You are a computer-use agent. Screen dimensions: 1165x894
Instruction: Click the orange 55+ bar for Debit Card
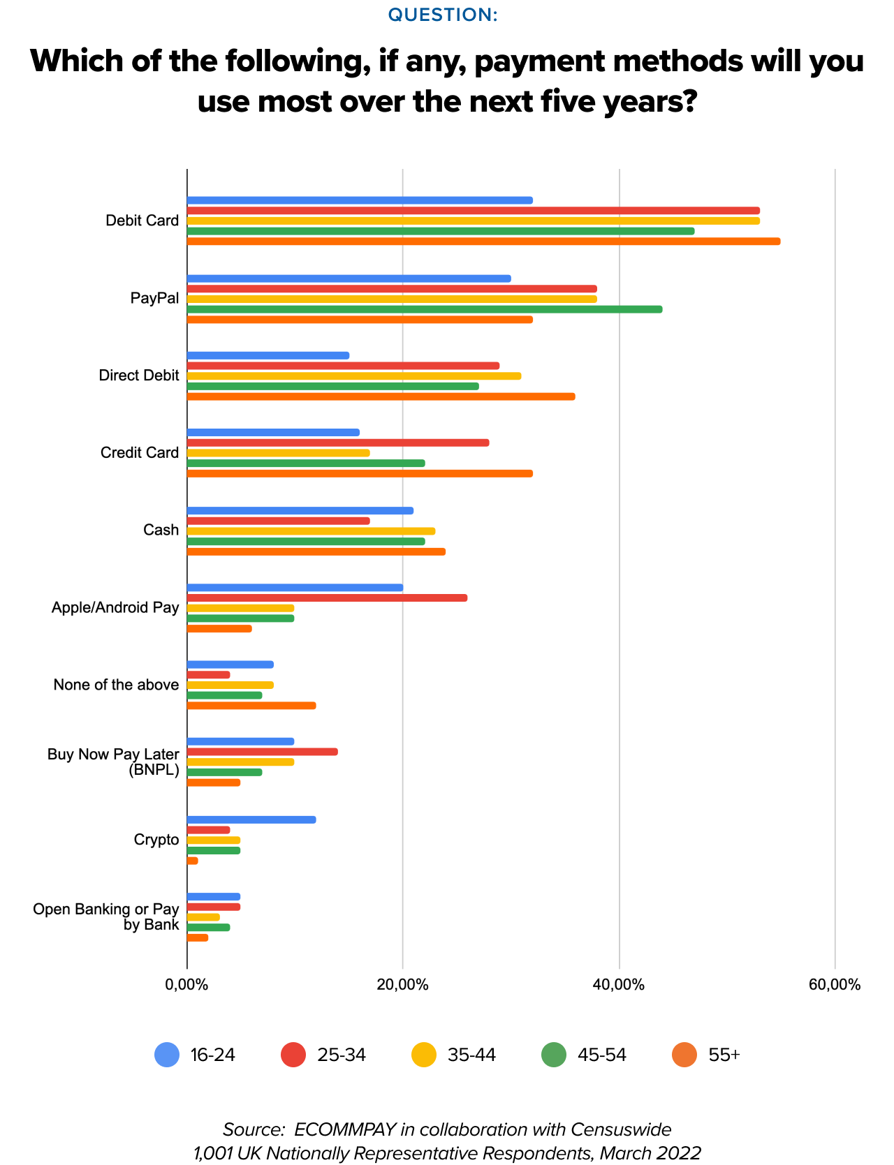pos(483,242)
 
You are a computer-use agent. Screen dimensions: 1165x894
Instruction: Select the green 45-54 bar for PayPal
pos(425,309)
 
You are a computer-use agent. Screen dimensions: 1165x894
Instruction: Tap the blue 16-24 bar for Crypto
pos(251,819)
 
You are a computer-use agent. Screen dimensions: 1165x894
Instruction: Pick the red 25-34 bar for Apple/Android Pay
pos(327,598)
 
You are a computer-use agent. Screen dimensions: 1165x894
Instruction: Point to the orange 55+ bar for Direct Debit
pos(381,396)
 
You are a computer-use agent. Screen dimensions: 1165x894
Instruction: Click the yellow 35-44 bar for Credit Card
pos(278,453)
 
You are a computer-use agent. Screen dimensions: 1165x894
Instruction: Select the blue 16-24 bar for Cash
pos(300,510)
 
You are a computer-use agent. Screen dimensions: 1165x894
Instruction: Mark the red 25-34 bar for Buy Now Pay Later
pos(263,752)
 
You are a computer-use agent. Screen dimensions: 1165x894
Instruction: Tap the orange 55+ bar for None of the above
pos(251,706)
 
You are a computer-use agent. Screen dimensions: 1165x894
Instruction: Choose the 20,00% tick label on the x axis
pos(402,985)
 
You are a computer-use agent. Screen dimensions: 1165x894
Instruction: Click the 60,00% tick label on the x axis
pos(835,985)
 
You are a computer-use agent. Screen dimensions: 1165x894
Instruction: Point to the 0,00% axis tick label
pos(186,985)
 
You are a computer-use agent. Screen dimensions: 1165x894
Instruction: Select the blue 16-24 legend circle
pos(167,1055)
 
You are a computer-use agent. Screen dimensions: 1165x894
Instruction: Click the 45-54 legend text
pos(602,1055)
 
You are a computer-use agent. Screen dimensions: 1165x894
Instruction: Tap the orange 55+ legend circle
pos(684,1055)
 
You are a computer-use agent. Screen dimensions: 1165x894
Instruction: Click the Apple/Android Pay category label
pos(115,607)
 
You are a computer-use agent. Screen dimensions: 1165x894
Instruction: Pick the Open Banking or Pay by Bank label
pos(106,917)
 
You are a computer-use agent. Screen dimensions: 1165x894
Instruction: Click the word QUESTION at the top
pos(443,15)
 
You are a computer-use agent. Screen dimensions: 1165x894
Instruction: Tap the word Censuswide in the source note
pos(621,1129)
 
